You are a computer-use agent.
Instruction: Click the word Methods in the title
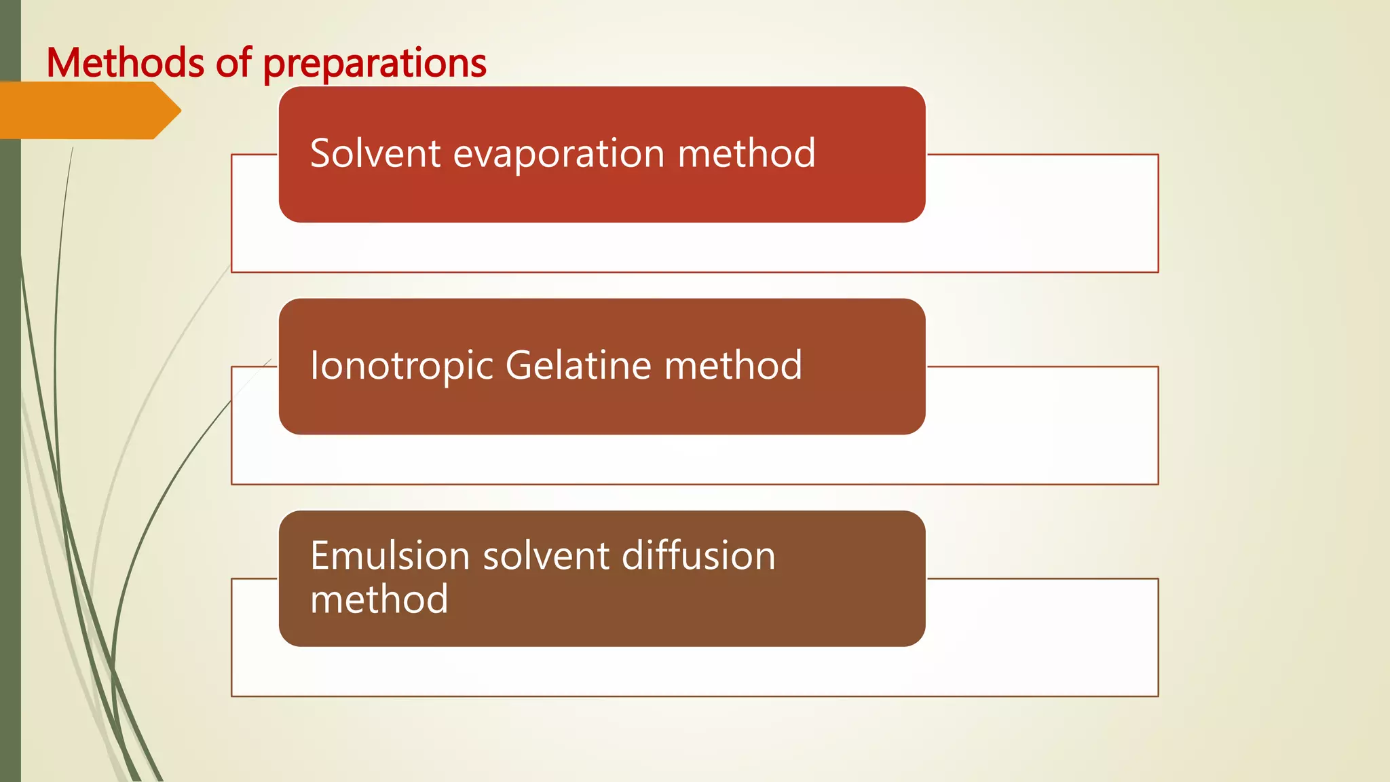[x=125, y=63]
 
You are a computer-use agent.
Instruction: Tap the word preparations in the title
[x=375, y=64]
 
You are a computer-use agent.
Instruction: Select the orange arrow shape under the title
[x=88, y=110]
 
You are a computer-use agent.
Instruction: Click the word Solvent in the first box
[x=375, y=153]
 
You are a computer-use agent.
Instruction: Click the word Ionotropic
[x=401, y=367]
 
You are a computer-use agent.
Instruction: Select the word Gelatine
[x=578, y=365]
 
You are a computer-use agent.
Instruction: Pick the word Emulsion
[x=390, y=556]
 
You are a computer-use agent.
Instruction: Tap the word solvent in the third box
[x=546, y=556]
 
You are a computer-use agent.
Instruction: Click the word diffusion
[x=698, y=556]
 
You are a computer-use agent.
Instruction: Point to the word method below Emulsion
[x=379, y=599]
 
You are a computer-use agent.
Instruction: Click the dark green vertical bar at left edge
[x=10, y=407]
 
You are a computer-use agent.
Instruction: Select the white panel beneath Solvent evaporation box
[x=692, y=248]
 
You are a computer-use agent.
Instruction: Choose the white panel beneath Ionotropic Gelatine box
[x=692, y=460]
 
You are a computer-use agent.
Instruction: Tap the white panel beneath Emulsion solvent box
[x=692, y=672]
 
